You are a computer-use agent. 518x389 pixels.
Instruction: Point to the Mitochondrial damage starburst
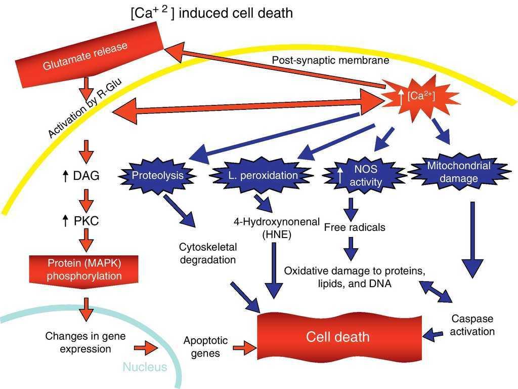click(458, 172)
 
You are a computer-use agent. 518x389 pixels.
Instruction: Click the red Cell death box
click(338, 337)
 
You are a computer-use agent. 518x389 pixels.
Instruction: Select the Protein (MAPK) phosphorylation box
click(84, 269)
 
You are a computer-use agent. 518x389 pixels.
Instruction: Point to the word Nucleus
click(145, 367)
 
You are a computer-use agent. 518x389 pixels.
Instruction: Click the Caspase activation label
click(472, 325)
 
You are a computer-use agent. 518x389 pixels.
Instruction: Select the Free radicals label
click(355, 227)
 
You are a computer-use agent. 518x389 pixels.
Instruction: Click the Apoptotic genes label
click(205, 346)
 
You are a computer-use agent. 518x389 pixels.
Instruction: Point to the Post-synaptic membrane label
click(323, 60)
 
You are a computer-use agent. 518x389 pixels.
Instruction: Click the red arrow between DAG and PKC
click(87, 199)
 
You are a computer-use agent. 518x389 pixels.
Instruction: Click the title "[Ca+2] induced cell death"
click(211, 12)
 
